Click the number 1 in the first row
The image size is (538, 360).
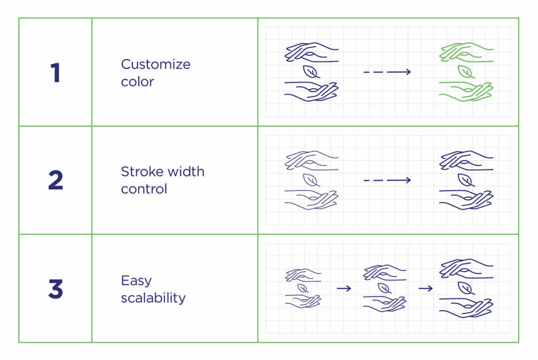(55, 73)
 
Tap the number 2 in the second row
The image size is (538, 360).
(55, 180)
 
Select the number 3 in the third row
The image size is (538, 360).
(55, 289)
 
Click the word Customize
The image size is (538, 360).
(156, 65)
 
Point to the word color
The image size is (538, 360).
(137, 81)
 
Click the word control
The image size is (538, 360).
(144, 189)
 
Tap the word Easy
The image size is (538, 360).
(136, 281)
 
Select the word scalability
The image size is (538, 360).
(153, 298)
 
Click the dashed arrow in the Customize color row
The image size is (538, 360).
(387, 72)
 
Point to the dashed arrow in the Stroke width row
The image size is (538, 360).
(387, 180)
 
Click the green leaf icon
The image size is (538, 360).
(465, 71)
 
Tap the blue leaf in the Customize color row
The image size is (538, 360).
(311, 71)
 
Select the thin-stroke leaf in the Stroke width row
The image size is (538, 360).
(312, 180)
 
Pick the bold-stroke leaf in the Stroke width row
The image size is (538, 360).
(465, 180)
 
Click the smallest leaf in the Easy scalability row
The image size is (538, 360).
(303, 288)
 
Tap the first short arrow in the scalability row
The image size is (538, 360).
(344, 288)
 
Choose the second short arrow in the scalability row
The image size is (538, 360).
(426, 288)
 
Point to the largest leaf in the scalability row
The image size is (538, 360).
(465, 288)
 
